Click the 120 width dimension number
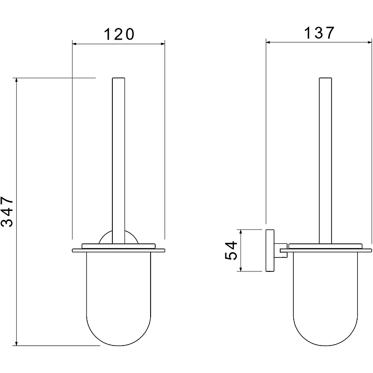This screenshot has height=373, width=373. click(119, 34)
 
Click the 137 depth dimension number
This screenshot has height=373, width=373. click(319, 33)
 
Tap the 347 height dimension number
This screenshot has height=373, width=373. click(7, 212)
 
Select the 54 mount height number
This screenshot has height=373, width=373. click(231, 250)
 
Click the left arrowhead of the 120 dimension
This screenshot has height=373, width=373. click(74, 44)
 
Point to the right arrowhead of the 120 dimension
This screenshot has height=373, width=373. click(163, 44)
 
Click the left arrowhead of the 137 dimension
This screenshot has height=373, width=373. click(268, 42)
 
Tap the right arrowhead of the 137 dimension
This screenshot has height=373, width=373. click(370, 42)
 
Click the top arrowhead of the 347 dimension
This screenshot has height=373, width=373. click(16, 80)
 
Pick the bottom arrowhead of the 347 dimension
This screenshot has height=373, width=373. click(16, 344)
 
